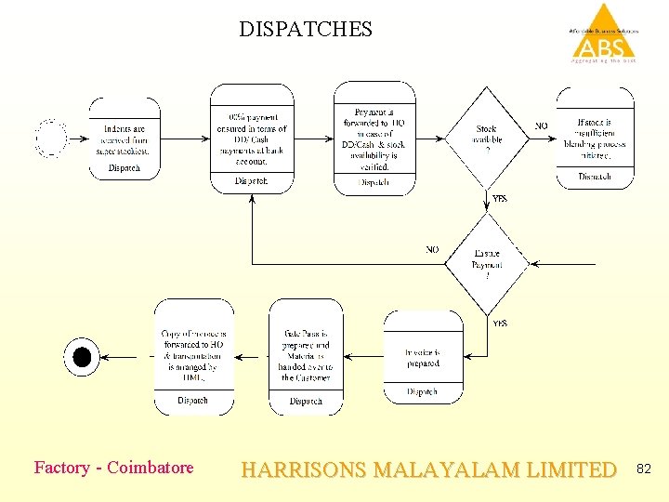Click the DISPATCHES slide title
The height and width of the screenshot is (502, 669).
click(305, 29)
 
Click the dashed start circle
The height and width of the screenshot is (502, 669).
click(51, 138)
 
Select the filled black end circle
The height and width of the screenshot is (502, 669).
click(82, 356)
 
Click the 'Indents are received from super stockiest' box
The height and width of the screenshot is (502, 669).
click(125, 138)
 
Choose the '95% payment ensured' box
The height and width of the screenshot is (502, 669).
click(251, 138)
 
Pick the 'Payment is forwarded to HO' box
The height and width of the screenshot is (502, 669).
click(374, 138)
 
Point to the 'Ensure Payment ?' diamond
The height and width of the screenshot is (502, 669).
click(486, 264)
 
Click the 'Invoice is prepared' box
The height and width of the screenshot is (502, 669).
click(422, 358)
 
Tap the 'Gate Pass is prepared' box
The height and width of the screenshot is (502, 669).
click(306, 356)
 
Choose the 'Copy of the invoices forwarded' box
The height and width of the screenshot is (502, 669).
click(193, 356)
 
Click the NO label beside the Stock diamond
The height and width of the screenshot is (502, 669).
click(541, 126)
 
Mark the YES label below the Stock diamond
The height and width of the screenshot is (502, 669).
click(500, 199)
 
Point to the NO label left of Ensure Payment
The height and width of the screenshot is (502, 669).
click(432, 250)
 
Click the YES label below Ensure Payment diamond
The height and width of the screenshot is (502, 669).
click(500, 324)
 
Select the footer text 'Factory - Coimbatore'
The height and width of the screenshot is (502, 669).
click(113, 468)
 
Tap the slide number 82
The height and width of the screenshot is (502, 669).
click(644, 469)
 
